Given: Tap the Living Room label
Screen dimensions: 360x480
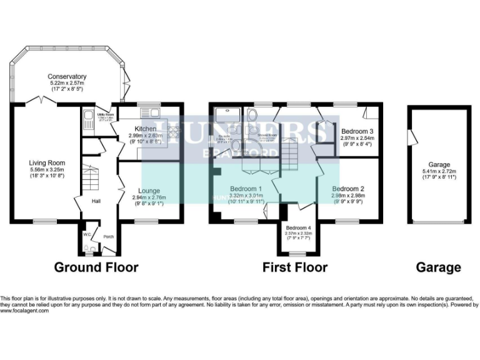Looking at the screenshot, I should (x=47, y=163).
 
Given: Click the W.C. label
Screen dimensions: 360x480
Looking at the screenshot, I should (x=87, y=236).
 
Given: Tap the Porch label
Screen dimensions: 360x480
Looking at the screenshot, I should (x=108, y=237).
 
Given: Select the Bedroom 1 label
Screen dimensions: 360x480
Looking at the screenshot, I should (x=246, y=189).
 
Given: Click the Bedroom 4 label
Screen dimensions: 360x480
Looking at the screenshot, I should (x=297, y=227).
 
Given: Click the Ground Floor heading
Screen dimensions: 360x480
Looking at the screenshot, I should (x=96, y=267).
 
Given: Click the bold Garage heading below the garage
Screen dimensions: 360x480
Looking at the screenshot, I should (x=439, y=267).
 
